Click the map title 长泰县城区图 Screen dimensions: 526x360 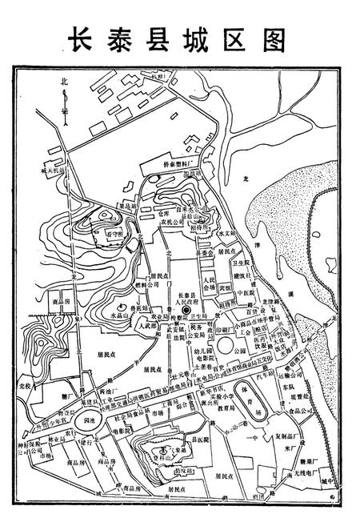(180, 38)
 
